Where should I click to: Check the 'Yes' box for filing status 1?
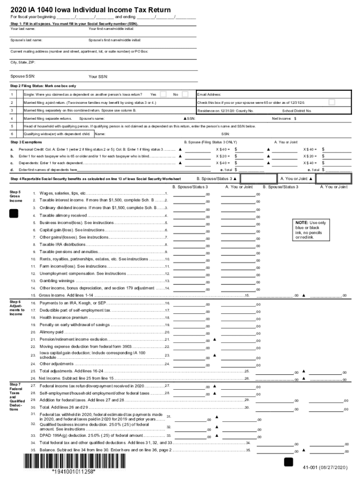163,94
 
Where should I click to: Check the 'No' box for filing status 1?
185,94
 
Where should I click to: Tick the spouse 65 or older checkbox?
331,102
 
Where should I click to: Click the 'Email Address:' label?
210,94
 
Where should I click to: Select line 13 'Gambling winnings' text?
57,281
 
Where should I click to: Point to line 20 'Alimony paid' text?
51,332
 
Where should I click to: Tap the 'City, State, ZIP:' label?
22,62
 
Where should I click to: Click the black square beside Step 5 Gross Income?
14,213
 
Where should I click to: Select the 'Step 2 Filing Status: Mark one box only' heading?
43,86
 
